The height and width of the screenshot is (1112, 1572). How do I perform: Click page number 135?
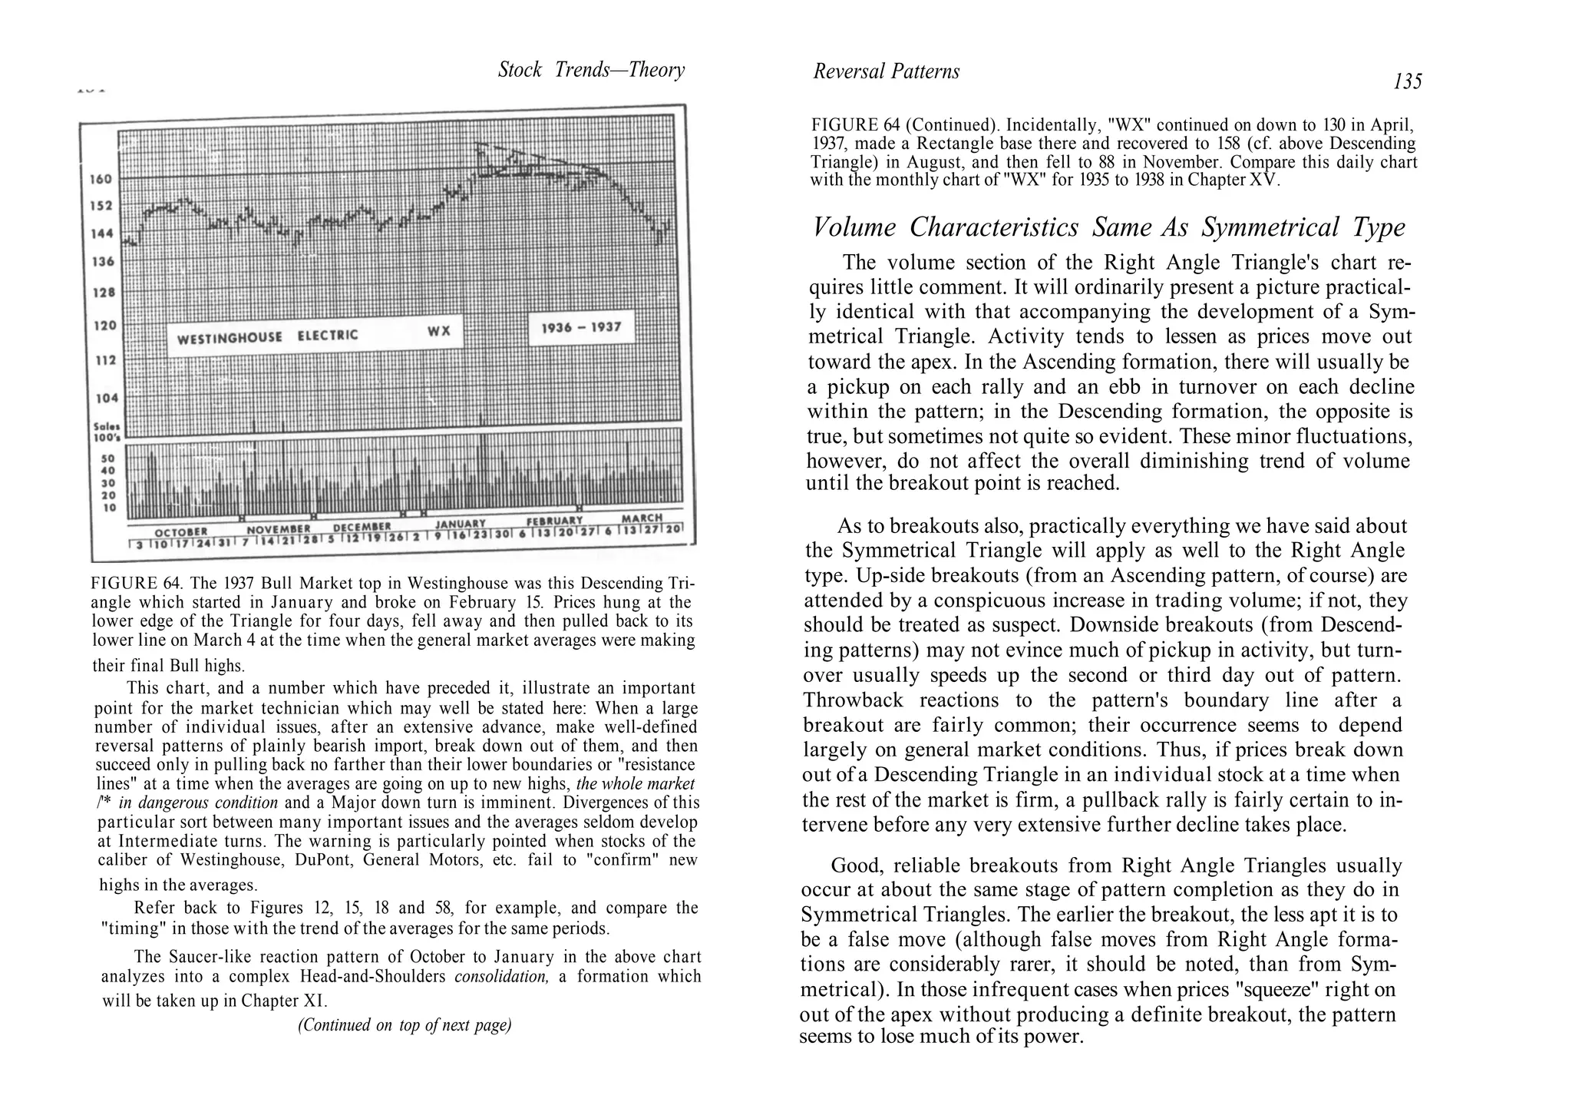tap(1407, 81)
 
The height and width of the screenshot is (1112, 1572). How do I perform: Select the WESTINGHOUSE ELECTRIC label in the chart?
tap(266, 336)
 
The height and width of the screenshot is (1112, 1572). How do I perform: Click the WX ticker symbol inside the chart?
tap(438, 332)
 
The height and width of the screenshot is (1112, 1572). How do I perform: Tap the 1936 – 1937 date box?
tap(580, 328)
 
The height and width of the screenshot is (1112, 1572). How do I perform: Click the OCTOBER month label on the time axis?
tap(181, 531)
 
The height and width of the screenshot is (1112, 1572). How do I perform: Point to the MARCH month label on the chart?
tap(641, 518)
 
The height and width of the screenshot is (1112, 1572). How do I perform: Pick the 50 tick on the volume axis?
tap(107, 458)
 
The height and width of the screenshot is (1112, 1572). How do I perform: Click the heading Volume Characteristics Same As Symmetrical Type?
tap(1108, 227)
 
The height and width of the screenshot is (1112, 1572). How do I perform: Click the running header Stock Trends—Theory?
tap(591, 70)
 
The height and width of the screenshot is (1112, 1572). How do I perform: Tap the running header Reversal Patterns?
tap(886, 71)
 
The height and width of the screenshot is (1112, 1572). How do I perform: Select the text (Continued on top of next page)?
tap(405, 1025)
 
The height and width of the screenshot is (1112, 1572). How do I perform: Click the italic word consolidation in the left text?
tap(502, 977)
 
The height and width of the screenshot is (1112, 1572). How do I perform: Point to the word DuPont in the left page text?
tap(324, 859)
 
